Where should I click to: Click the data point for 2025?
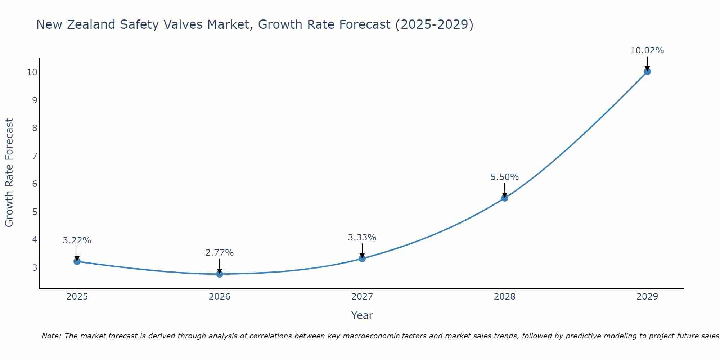click(x=77, y=261)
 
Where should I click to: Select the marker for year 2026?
click(x=220, y=274)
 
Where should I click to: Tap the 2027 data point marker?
click(x=362, y=258)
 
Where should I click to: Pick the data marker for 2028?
click(x=505, y=198)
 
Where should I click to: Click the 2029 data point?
click(x=647, y=72)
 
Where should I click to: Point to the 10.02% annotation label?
click(x=647, y=50)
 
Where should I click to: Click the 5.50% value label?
click(x=504, y=177)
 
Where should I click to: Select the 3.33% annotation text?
click(x=362, y=238)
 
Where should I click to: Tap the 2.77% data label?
click(x=219, y=253)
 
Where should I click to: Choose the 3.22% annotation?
click(x=77, y=240)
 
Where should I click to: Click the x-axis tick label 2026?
click(x=220, y=297)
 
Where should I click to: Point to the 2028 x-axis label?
click(x=505, y=297)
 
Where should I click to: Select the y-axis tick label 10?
click(x=32, y=72)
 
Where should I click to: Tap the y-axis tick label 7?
click(x=35, y=156)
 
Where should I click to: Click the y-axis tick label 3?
click(x=35, y=268)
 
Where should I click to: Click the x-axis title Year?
click(x=362, y=315)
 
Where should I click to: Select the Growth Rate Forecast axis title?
click(x=9, y=173)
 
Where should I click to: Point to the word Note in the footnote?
click(x=51, y=336)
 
